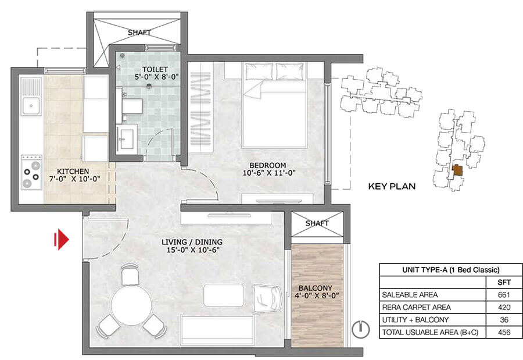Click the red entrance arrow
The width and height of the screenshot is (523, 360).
[x=62, y=240]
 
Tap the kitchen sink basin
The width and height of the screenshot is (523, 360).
[x=31, y=105]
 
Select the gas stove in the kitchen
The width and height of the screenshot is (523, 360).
[x=32, y=172]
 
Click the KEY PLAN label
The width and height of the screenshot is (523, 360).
[x=392, y=186]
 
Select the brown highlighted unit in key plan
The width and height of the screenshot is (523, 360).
[x=457, y=170]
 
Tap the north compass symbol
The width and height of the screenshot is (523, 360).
[x=361, y=329]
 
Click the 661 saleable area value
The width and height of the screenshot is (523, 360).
[x=504, y=295]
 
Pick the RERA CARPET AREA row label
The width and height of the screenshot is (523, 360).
[x=416, y=307]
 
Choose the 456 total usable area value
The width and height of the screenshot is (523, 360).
[x=504, y=332]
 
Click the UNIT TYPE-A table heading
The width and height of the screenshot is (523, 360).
[x=450, y=270]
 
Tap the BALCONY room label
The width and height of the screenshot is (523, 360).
[x=315, y=288]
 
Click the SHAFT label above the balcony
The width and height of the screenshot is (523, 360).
[x=317, y=223]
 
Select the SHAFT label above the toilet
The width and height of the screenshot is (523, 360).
[x=139, y=33]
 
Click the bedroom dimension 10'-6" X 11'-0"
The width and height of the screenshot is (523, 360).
[x=269, y=173]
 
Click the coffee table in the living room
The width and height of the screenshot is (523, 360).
[x=224, y=295]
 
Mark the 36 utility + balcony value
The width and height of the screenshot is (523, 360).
[x=504, y=320]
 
